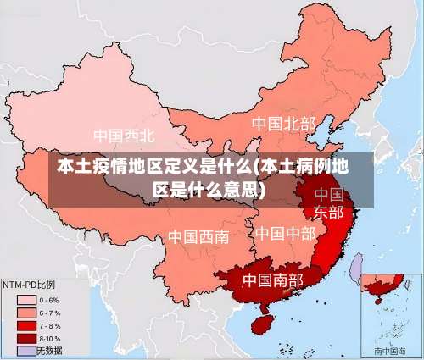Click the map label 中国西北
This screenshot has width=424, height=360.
(x=124, y=136)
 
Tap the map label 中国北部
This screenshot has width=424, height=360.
(x=283, y=124)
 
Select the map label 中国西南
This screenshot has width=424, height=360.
(x=198, y=236)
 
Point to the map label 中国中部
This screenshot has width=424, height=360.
(x=286, y=232)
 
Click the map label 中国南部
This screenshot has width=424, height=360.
(x=273, y=279)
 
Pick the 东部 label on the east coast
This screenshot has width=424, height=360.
(x=329, y=212)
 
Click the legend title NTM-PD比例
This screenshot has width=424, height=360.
(x=29, y=285)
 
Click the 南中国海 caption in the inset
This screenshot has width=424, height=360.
(x=390, y=350)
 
